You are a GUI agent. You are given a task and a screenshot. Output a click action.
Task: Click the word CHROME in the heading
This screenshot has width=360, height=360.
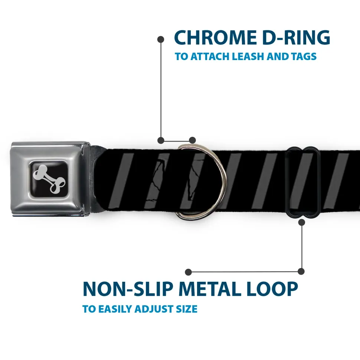click(x=215, y=37)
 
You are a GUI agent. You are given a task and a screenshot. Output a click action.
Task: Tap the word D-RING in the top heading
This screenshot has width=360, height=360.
click(x=296, y=37)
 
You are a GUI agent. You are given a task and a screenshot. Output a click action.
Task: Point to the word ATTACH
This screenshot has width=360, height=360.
click(x=210, y=56)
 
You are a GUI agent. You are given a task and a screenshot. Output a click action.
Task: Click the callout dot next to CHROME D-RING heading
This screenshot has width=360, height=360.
click(x=161, y=39)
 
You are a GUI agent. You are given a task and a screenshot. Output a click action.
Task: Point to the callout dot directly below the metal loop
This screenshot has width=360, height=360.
click(x=301, y=222)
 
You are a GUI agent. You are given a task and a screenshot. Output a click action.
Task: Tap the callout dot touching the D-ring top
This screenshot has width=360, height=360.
click(x=192, y=140)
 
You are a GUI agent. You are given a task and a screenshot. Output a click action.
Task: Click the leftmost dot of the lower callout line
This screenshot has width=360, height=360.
click(x=188, y=272)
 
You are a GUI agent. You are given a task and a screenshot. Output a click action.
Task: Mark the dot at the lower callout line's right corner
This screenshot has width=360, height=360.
click(x=301, y=271)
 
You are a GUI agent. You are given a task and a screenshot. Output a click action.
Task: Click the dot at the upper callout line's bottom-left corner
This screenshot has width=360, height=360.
click(x=161, y=140)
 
